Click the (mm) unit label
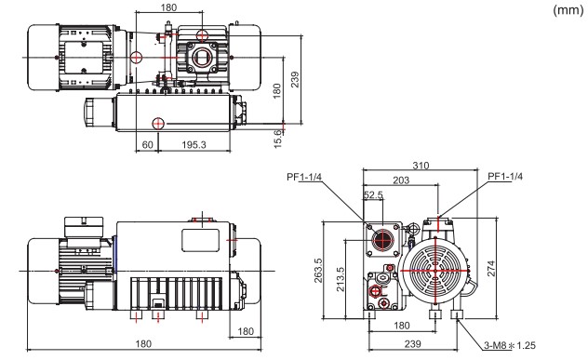[568, 10]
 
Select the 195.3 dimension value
[194, 145]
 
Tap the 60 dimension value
[148, 145]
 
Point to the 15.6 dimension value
[277, 139]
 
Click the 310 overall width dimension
[421, 166]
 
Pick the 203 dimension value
[401, 180]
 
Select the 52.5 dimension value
[373, 195]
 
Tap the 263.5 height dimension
[318, 270]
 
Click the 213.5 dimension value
[341, 279]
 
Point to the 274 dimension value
[491, 269]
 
